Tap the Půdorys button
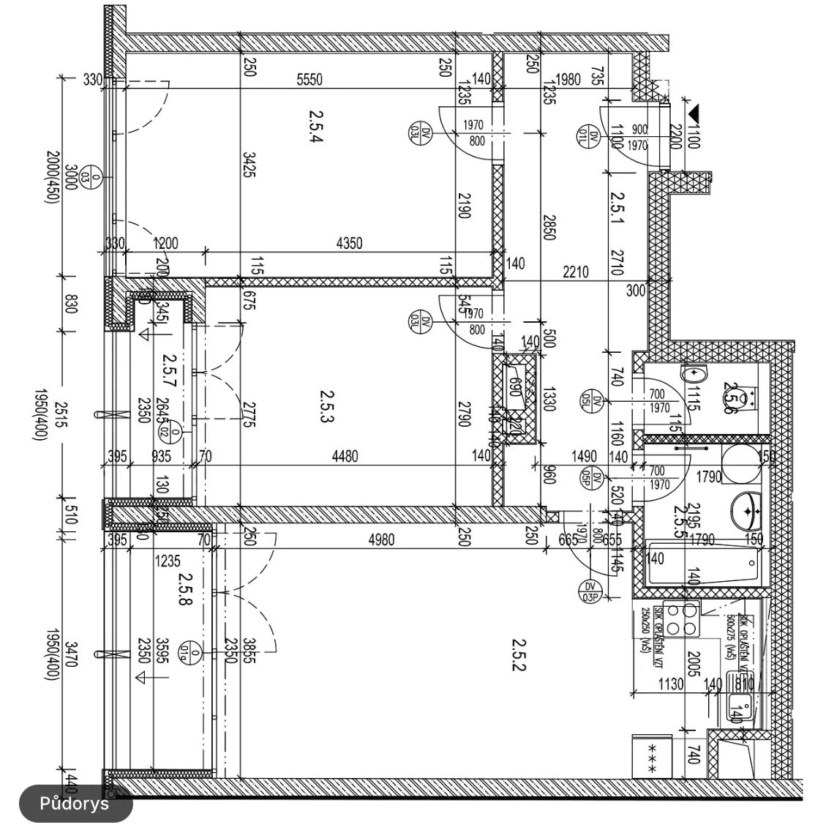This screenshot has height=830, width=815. tap(75, 804)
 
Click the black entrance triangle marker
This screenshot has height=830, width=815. tap(694, 113)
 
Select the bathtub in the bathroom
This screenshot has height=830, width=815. tap(701, 564)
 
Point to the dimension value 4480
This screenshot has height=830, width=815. tap(345, 456)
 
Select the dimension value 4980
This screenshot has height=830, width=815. tap(382, 540)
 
